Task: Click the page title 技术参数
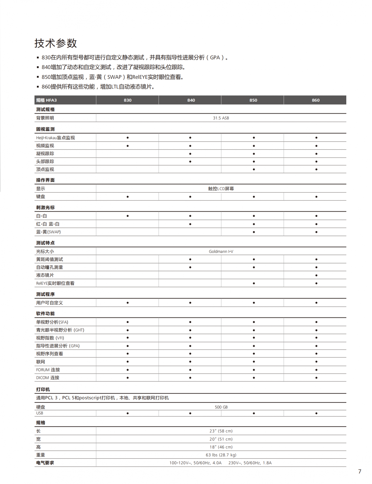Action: click(56, 43)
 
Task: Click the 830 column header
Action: click(127, 100)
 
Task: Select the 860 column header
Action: click(316, 100)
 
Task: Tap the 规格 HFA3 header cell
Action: click(46, 100)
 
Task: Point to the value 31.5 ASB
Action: click(221, 118)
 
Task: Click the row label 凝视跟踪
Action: click(45, 153)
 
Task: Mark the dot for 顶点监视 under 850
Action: click(254, 169)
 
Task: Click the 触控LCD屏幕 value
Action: click(221, 189)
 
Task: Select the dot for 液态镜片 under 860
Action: click(316, 275)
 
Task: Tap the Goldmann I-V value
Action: click(221, 252)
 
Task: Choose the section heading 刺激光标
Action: click(45, 208)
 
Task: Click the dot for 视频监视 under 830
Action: click(128, 146)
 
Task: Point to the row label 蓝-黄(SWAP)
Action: click(48, 232)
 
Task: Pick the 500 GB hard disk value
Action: click(221, 407)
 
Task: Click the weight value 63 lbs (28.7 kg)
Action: click(221, 455)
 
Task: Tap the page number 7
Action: click(360, 472)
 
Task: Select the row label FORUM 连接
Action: click(48, 370)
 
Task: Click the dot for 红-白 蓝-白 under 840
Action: click(190, 224)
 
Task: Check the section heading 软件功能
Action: click(45, 314)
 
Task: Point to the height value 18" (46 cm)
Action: click(221, 447)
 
